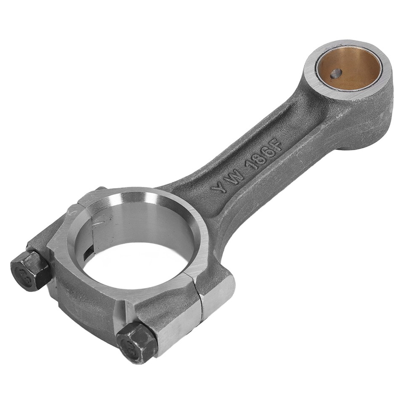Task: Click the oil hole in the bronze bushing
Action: pyautogui.click(x=335, y=74)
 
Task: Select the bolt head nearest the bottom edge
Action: pyautogui.click(x=136, y=342)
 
